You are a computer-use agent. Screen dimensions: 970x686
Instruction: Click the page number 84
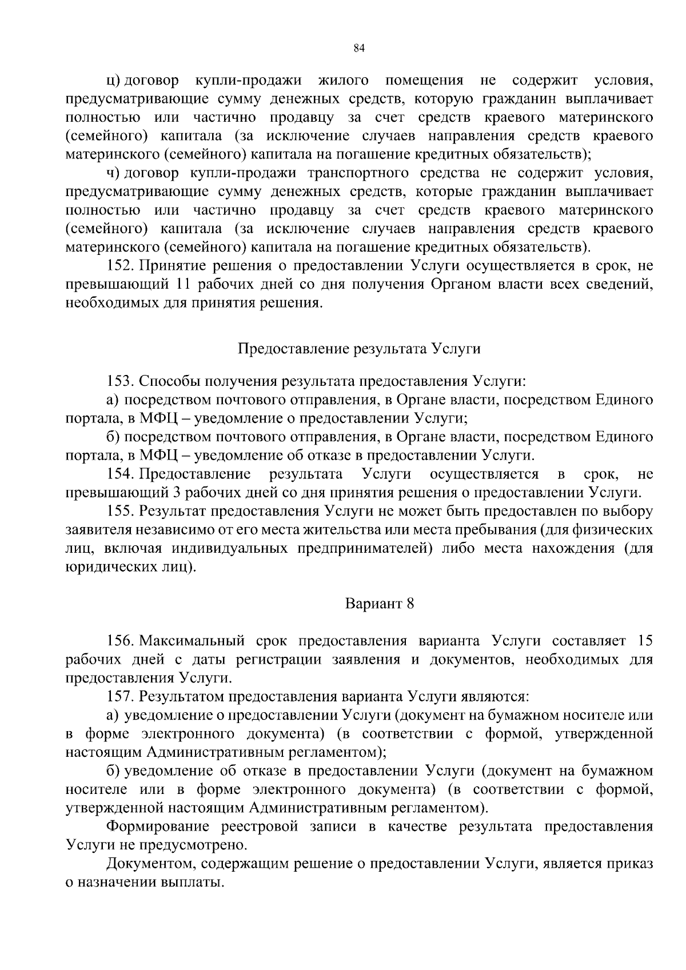click(x=359, y=48)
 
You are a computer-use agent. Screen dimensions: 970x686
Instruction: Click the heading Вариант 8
click(x=379, y=604)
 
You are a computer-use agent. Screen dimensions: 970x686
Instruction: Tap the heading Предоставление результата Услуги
click(x=358, y=349)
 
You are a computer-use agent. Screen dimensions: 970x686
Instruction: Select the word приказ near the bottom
click(x=631, y=864)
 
